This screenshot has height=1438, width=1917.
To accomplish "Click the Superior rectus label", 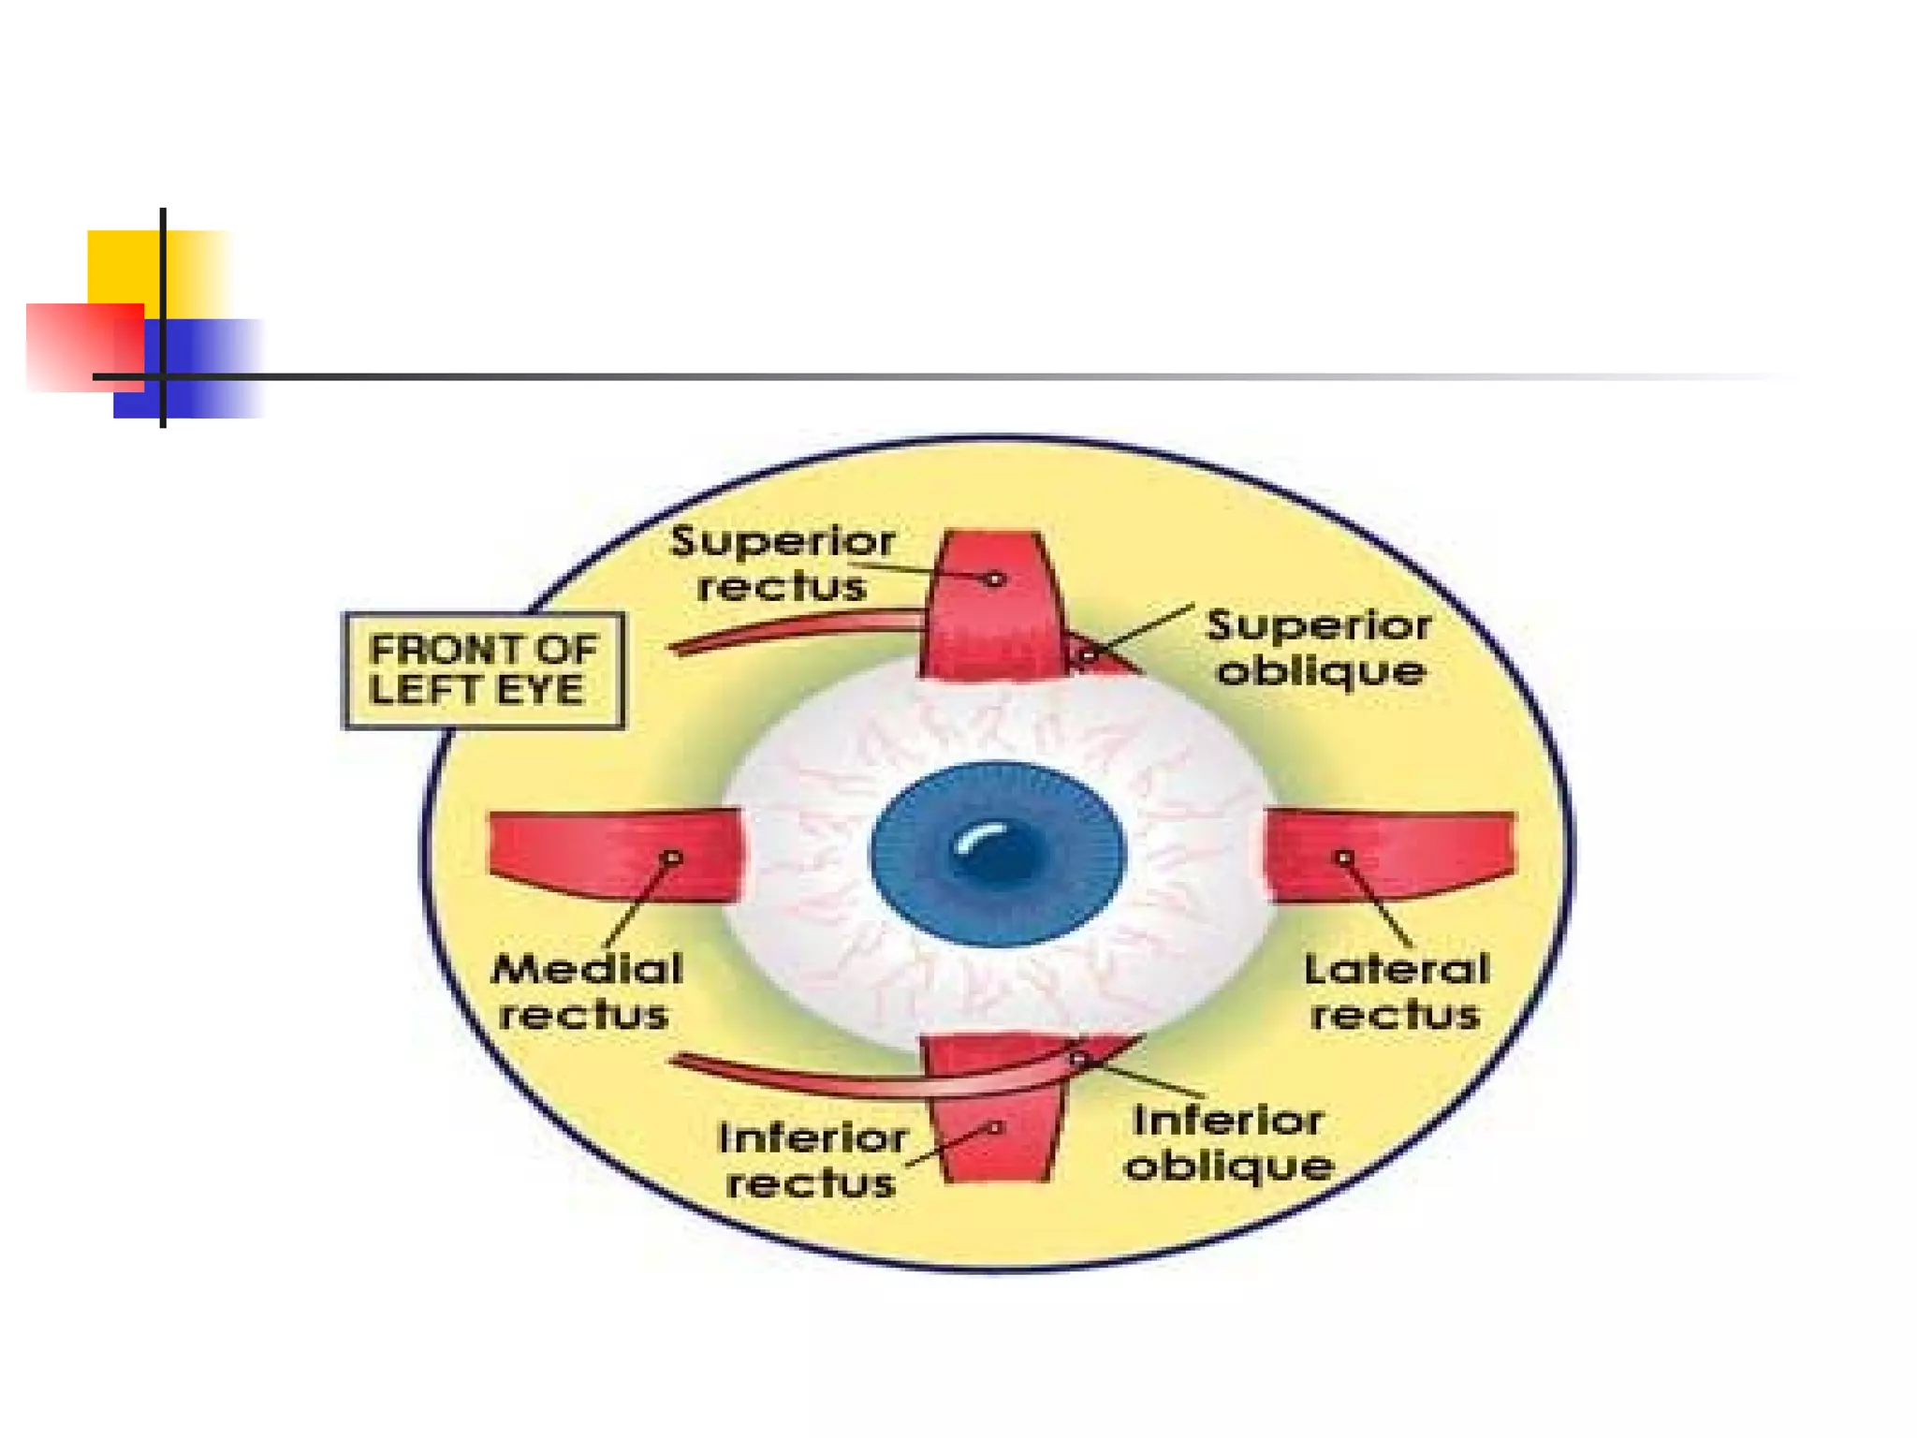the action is click(782, 564).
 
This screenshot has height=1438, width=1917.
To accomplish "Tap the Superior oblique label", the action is click(1319, 648).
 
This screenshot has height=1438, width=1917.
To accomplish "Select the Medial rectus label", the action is click(587, 991).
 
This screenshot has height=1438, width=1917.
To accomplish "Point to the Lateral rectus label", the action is click(1396, 991).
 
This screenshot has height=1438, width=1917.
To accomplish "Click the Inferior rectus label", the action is click(812, 1161).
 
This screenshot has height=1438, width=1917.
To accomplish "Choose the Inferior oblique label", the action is click(1229, 1143).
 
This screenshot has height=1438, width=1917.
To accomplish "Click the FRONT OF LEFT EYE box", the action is click(483, 670).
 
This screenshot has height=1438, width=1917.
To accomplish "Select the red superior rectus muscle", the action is click(994, 618).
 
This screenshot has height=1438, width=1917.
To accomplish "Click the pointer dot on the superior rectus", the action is click(995, 580).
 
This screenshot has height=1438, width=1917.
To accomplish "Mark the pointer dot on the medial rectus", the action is click(671, 858).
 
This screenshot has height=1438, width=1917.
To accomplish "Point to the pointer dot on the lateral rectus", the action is click(1344, 858).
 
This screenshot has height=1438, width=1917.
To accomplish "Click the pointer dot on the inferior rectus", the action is click(996, 1127).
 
